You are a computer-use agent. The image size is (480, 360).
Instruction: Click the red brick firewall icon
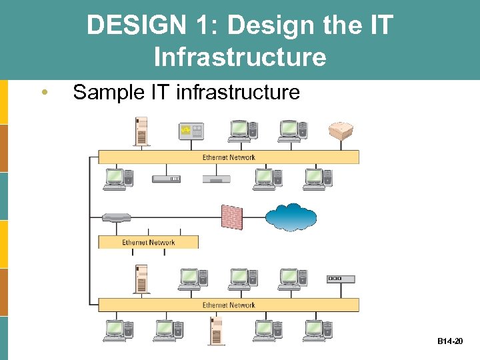click(x=232, y=217)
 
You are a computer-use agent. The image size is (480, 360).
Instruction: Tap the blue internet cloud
click(x=291, y=217)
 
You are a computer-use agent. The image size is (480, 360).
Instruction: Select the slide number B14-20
click(x=450, y=341)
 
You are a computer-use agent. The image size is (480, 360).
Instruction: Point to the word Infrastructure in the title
click(x=240, y=57)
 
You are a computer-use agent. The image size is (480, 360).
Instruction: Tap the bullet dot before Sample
click(x=43, y=92)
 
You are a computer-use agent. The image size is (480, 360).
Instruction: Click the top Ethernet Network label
click(x=229, y=157)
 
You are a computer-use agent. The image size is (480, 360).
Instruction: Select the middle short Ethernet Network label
click(x=148, y=243)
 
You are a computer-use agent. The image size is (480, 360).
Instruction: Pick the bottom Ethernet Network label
click(x=229, y=305)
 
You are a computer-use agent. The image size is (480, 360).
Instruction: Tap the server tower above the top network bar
click(x=141, y=131)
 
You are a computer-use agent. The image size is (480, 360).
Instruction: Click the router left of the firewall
click(x=117, y=217)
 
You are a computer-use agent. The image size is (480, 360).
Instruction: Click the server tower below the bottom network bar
click(x=215, y=331)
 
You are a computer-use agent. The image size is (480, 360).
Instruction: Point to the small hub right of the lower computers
click(x=341, y=279)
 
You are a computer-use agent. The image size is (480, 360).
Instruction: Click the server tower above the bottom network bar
click(x=141, y=279)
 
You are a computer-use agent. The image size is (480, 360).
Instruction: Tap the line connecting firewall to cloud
click(x=254, y=217)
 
